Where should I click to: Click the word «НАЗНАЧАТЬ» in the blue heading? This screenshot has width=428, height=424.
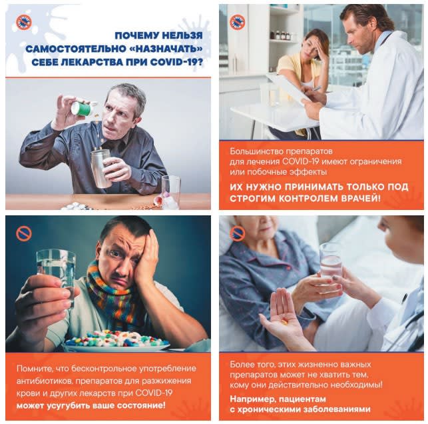[165, 49]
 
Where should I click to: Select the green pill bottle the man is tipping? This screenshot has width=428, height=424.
[83, 107]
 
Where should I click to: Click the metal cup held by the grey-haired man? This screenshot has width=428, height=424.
[101, 168]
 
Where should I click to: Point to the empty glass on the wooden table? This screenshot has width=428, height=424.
[171, 191]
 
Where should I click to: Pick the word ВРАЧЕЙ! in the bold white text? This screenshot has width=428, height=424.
[361, 198]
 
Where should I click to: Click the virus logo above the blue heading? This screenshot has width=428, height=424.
[24, 23]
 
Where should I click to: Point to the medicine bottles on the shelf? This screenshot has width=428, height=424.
[280, 35]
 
